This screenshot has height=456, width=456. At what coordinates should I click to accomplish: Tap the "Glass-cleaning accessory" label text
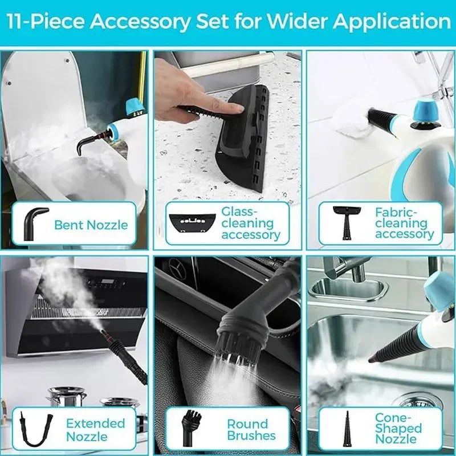[x=250, y=223]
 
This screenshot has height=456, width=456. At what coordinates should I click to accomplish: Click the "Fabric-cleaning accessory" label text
[x=404, y=223]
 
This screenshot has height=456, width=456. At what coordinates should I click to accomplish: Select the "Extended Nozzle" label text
[x=95, y=430]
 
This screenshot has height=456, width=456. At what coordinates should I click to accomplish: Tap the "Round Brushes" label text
[x=251, y=430]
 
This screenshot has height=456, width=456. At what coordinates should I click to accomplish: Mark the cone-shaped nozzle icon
[x=346, y=429]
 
